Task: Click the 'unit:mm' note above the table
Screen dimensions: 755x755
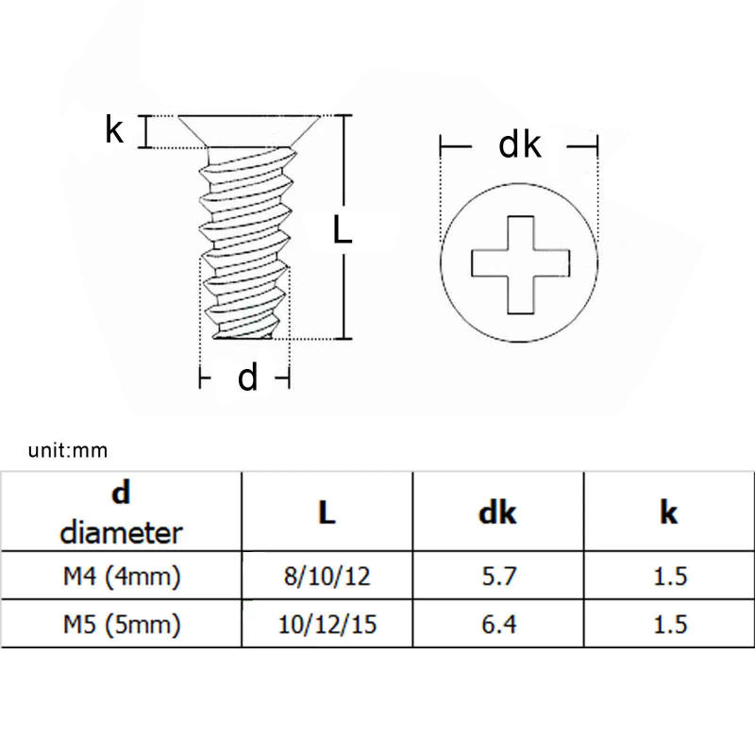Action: (68, 451)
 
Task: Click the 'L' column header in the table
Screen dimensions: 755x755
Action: (326, 512)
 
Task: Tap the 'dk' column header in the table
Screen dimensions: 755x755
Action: (497, 512)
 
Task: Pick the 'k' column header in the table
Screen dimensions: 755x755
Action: (669, 512)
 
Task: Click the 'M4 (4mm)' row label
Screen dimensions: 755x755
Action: (121, 576)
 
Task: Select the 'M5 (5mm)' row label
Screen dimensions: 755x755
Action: (121, 624)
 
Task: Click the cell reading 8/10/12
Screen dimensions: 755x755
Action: (327, 576)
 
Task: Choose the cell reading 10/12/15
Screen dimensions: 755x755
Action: (327, 624)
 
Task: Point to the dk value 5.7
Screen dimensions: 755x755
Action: (497, 576)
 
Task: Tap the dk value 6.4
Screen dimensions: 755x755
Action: (497, 624)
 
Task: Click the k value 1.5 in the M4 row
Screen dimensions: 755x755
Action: (669, 576)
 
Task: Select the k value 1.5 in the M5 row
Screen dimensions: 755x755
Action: (669, 624)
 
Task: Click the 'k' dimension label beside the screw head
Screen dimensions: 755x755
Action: (114, 130)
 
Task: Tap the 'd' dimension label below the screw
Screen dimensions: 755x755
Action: (247, 377)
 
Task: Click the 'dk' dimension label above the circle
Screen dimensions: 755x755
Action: (520, 146)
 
